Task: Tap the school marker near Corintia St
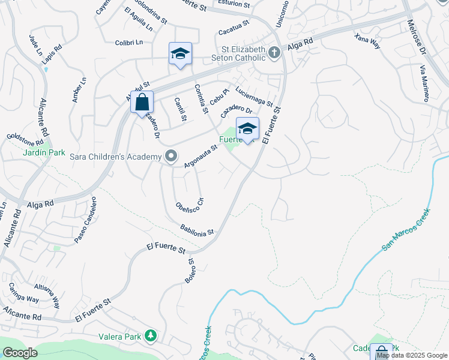tap(180, 53)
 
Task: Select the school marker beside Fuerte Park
tap(247, 128)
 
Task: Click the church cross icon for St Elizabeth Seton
tap(274, 52)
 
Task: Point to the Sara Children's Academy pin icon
tap(171, 157)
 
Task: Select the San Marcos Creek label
tap(406, 230)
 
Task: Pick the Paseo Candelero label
tap(85, 220)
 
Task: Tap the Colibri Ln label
tap(130, 42)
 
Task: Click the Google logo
tap(19, 353)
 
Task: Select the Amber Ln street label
tap(78, 89)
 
